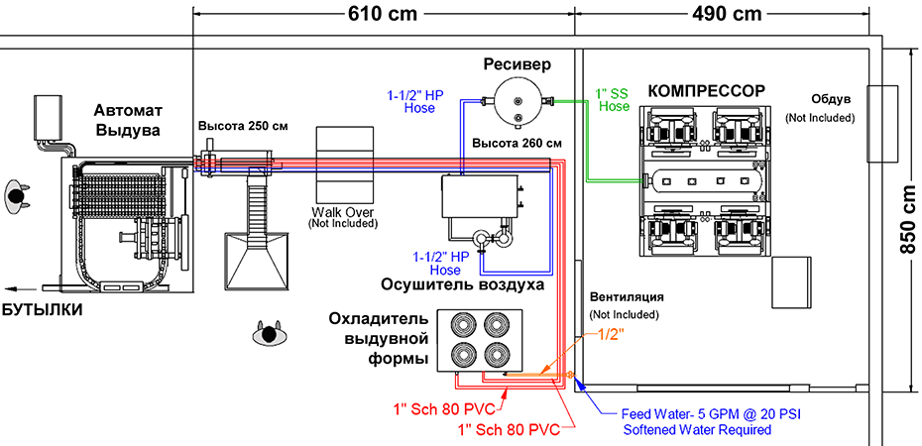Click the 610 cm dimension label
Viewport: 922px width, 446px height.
pyautogui.click(x=383, y=13)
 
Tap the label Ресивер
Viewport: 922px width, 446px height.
pyautogui.click(x=518, y=64)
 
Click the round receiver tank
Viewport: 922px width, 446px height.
pyautogui.click(x=519, y=102)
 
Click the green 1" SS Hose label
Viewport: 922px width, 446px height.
pyautogui.click(x=612, y=100)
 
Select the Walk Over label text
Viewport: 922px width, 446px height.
pyautogui.click(x=343, y=211)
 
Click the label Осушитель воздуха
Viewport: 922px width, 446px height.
pyautogui.click(x=462, y=285)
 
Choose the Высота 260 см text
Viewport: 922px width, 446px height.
pyautogui.click(x=518, y=144)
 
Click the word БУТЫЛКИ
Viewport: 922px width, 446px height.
pyautogui.click(x=42, y=310)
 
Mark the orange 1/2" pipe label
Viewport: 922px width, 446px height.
pyautogui.click(x=611, y=335)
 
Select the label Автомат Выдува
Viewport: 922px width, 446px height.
pyautogui.click(x=127, y=120)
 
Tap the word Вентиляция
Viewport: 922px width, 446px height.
pyautogui.click(x=627, y=296)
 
